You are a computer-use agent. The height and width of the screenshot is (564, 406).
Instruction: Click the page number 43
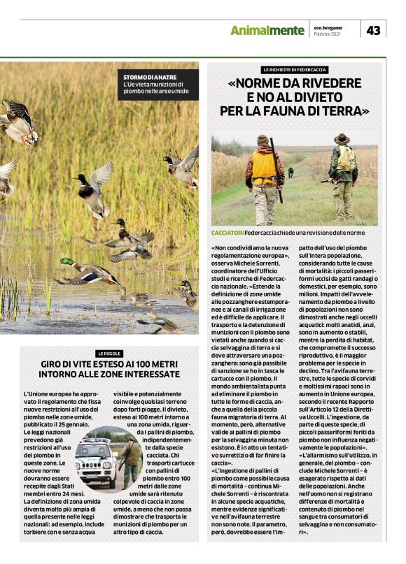(x=374, y=30)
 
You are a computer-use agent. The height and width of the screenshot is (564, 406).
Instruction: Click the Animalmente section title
(x=267, y=30)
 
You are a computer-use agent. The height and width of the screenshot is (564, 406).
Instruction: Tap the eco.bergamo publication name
(x=328, y=27)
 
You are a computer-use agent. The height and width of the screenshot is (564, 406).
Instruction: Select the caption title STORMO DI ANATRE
(x=150, y=76)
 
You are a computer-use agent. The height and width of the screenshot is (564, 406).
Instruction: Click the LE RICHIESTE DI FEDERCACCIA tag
(x=295, y=70)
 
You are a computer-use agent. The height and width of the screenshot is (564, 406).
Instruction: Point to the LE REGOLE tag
(x=109, y=354)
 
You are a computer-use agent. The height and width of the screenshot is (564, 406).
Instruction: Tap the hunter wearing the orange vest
(x=263, y=171)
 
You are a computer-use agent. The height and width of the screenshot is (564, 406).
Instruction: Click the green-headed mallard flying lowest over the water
(x=87, y=273)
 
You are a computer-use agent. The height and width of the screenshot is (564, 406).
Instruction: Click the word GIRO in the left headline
(x=53, y=365)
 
